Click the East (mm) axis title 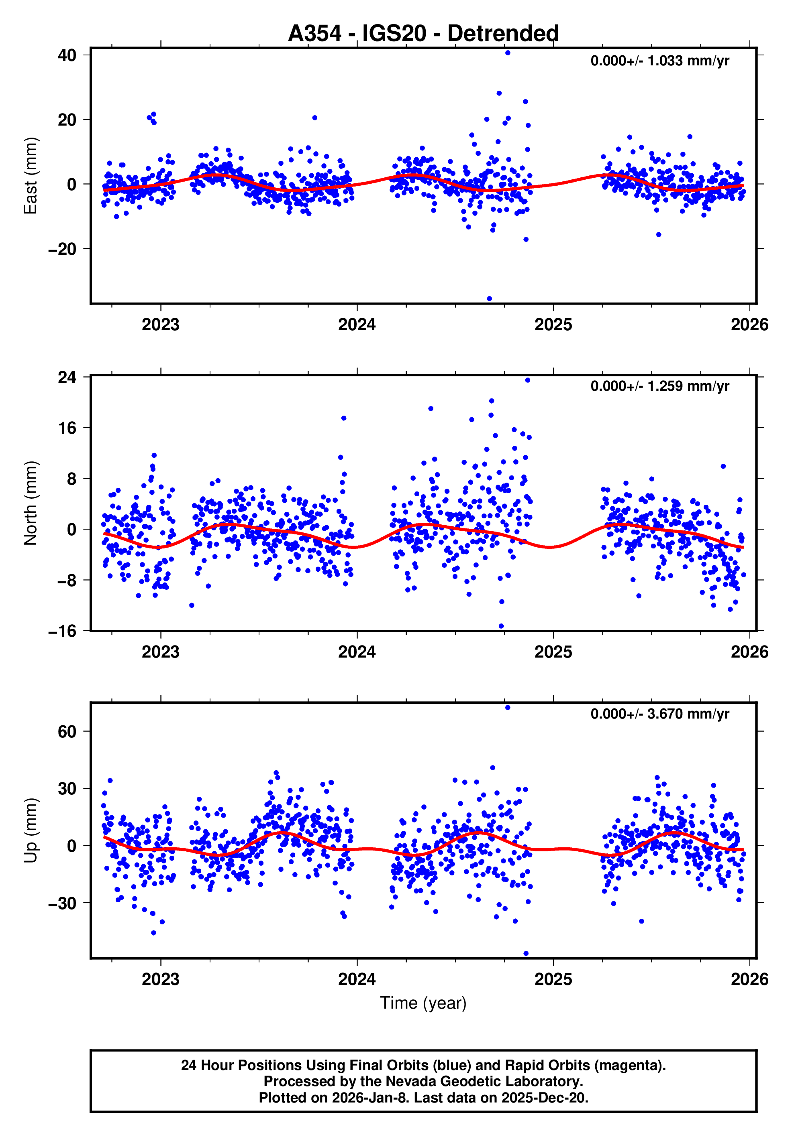coord(30,176)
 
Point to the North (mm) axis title coord(30,503)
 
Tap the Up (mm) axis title coord(30,830)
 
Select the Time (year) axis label coord(423,1003)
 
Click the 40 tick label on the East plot coord(67,55)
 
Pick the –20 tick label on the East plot coord(62,249)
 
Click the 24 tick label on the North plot coord(67,378)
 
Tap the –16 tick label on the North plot coord(62,631)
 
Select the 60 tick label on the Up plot coord(67,731)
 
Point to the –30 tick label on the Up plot coord(62,903)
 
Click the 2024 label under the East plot coord(357,325)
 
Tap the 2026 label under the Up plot coord(749,979)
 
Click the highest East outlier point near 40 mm coord(508,53)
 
